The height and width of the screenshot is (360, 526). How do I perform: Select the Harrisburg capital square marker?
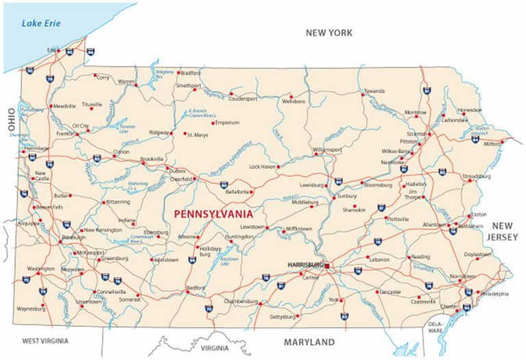(327, 266)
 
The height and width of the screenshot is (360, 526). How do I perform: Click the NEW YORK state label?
(329, 33)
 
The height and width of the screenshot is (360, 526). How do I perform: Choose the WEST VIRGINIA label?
(50, 340)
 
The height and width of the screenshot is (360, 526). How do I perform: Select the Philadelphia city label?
(494, 294)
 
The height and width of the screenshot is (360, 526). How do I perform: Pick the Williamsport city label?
(327, 149)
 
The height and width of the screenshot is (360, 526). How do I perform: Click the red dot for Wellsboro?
(292, 94)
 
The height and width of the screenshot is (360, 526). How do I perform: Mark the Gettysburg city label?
(281, 317)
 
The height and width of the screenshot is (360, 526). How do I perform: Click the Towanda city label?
(374, 91)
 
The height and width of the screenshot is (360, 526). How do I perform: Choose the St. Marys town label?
(198, 135)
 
